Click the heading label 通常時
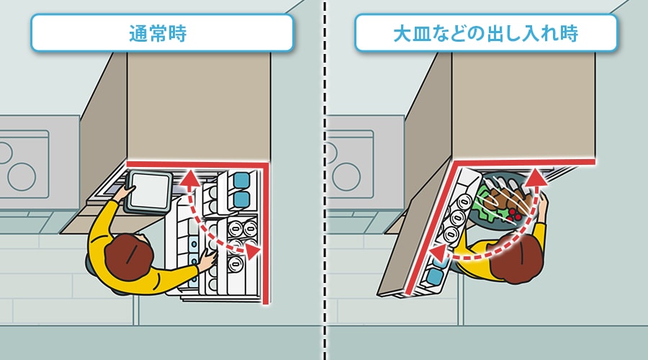[158, 33]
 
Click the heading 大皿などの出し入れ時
[485, 33]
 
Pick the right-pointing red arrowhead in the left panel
[253, 251]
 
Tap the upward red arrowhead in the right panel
[536, 176]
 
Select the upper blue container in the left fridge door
[241, 181]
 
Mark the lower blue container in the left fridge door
[241, 199]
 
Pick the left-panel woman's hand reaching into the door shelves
[208, 261]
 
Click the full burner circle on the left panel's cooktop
[22, 176]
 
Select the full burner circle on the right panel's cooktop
[346, 176]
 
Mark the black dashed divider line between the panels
[325, 180]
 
